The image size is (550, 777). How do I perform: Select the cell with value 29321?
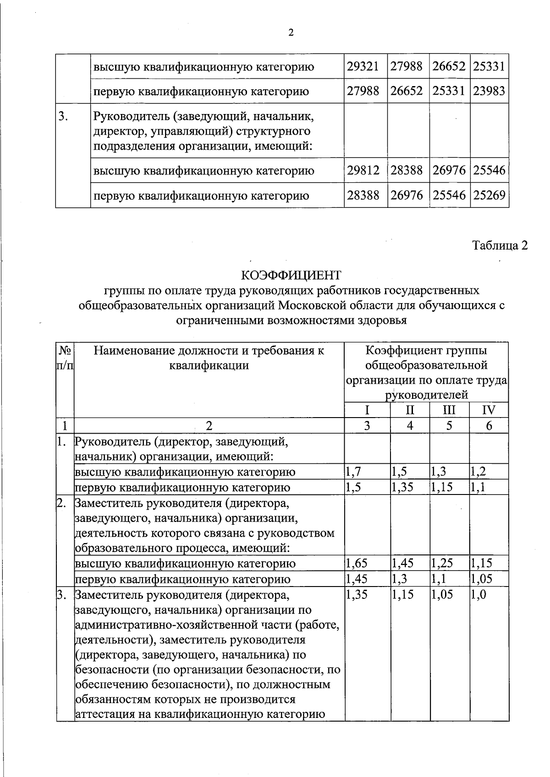tap(363, 67)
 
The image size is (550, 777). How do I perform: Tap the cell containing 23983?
tap(489, 91)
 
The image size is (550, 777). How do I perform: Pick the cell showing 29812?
tap(363, 171)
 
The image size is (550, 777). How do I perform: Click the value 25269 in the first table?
tap(489, 196)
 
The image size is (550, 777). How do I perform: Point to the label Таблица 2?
tap(500, 245)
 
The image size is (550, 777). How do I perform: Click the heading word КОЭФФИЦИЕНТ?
tap(291, 275)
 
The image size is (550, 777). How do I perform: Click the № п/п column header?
tap(65, 359)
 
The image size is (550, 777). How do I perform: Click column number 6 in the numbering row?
tap(489, 426)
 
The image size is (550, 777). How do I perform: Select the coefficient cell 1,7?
tap(353, 472)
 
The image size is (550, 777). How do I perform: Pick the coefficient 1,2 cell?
tap(479, 472)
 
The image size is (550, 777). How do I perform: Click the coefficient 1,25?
tap(441, 563)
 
